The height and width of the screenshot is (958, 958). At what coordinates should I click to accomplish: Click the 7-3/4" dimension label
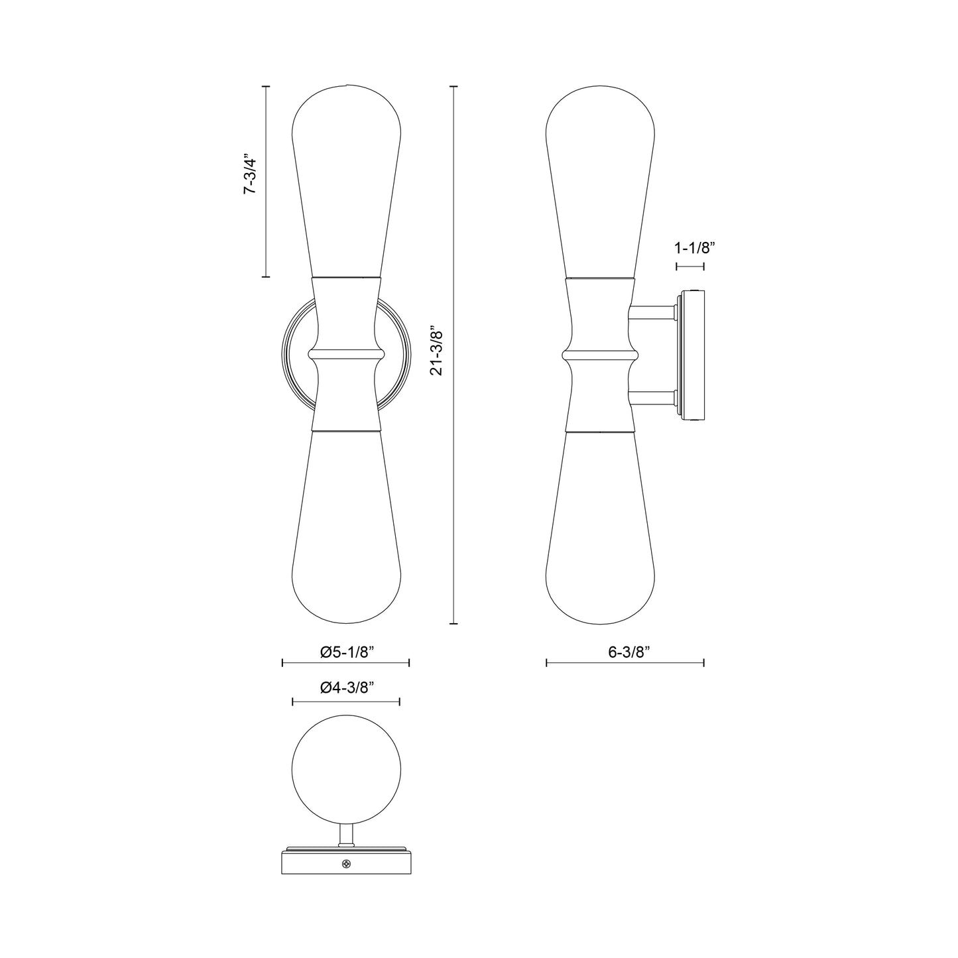(249, 175)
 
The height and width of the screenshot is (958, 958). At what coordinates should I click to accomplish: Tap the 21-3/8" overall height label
(436, 351)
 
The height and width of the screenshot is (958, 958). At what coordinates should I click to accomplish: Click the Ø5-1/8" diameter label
(347, 652)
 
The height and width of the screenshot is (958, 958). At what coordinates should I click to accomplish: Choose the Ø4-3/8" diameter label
(347, 688)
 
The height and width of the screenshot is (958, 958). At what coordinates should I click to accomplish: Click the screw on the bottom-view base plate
(345, 863)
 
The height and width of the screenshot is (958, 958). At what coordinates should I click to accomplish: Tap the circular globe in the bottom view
(346, 769)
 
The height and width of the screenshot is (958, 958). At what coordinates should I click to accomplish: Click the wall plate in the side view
(691, 356)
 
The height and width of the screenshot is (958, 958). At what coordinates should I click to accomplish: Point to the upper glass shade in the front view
(346, 172)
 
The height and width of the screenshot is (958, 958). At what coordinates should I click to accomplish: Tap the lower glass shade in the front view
(346, 530)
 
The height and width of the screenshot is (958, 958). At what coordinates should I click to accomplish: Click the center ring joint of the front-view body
(346, 354)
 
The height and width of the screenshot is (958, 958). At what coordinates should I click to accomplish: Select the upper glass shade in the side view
(600, 172)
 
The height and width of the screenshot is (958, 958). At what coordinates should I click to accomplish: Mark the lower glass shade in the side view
(600, 530)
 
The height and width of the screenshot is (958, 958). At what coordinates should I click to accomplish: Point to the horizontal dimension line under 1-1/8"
(690, 267)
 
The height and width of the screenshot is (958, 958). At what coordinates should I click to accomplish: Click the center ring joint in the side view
(600, 354)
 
